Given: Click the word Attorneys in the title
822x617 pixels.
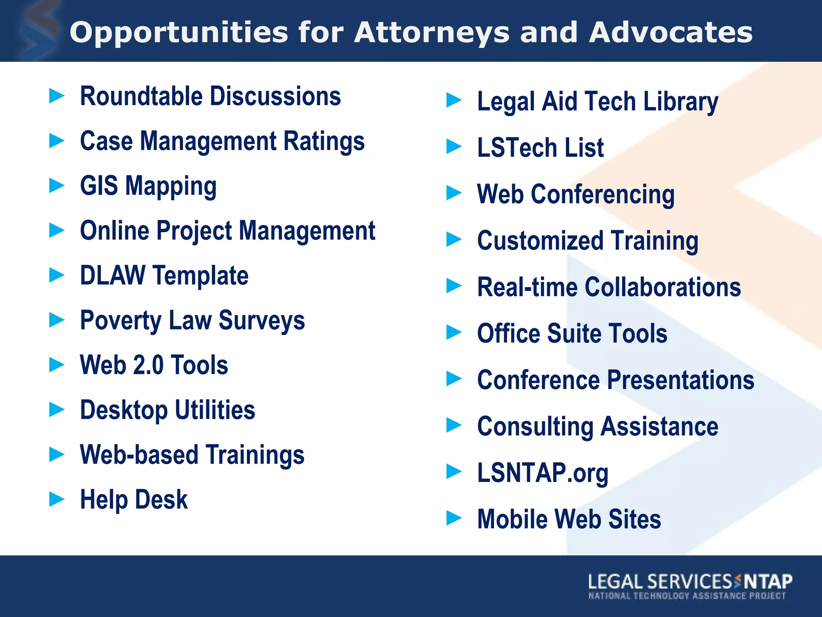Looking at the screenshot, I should coord(432,33).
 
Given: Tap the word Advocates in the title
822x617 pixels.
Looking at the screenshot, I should coord(671,33).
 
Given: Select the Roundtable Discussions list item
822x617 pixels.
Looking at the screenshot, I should coord(210,97).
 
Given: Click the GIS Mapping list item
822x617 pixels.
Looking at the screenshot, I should coord(148,186).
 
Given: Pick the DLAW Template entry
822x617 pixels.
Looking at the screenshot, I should coord(164,276).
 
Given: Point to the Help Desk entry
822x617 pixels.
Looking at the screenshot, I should coord(134,500).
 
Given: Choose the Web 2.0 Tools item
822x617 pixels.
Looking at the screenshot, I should coord(154,366).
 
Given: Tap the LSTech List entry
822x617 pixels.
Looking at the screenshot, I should coord(540,148).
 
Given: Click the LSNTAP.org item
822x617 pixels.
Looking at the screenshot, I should coord(543,473).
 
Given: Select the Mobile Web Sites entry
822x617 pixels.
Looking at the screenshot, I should coord(569,519).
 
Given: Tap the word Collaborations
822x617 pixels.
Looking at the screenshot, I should coord(663,287).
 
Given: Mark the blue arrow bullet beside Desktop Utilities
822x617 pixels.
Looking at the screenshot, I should coord(57,410).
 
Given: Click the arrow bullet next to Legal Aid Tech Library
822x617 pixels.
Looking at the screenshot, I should coord(454,100).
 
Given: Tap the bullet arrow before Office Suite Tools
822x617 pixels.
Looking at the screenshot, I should coord(454,332).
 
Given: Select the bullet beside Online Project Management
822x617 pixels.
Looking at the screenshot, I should coord(57,231).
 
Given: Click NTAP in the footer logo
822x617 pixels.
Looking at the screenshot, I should coord(768,582).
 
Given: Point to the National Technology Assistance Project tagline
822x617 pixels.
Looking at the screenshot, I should coord(687,596).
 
